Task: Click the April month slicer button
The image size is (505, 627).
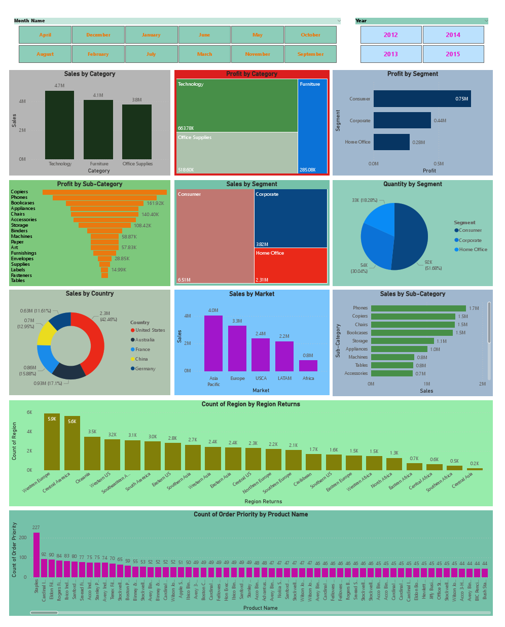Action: [x=45, y=35]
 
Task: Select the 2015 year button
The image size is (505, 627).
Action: [x=453, y=54]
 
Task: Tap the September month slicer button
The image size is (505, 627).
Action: [x=310, y=54]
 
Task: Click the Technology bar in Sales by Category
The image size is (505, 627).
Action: [x=59, y=125]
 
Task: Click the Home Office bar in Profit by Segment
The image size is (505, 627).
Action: [x=391, y=142]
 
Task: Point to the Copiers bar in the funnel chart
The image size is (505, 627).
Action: [x=104, y=192]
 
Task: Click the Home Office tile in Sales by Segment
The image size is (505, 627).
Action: [x=291, y=265]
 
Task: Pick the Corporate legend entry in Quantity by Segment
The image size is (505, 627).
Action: [x=470, y=240]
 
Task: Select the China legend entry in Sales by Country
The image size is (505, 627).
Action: [x=141, y=359]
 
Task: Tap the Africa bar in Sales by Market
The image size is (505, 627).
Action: [x=308, y=366]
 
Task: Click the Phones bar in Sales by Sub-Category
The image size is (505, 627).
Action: [x=418, y=308]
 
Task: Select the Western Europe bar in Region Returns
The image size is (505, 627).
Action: [x=52, y=442]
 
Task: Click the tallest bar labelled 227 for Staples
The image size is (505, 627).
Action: [x=37, y=554]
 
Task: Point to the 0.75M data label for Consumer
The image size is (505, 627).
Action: [x=461, y=99]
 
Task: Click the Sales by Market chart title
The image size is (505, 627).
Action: [x=251, y=294]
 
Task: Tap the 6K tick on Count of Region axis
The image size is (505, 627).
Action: [x=29, y=412]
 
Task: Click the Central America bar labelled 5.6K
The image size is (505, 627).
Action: [x=72, y=443]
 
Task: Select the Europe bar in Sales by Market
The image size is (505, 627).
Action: [x=237, y=349]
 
